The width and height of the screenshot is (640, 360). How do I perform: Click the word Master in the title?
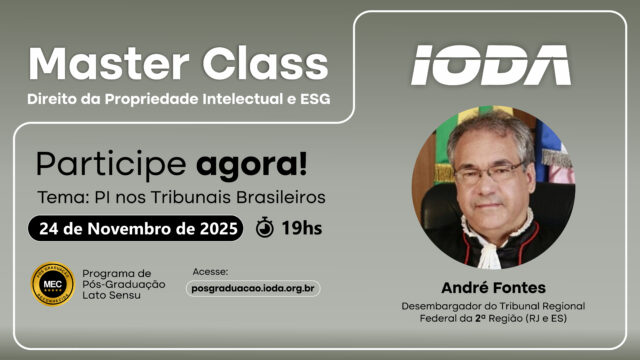point(109,63)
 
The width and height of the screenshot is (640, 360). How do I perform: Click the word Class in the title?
point(266,63)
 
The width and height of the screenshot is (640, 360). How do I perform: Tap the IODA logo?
point(491,65)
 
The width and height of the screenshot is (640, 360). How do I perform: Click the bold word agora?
point(251,164)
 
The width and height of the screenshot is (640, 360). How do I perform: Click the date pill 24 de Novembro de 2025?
point(136,228)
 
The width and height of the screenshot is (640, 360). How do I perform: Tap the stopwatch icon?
point(265,227)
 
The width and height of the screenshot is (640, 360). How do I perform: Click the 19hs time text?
point(302,228)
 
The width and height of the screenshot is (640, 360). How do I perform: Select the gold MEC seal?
point(53,284)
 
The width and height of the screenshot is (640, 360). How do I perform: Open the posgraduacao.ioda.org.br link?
point(253,289)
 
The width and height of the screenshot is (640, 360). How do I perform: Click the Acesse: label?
point(210,271)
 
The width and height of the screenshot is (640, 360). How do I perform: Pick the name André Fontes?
point(493,288)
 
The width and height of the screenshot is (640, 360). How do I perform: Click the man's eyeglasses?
point(490,173)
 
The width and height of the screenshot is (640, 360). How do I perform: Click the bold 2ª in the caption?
point(480,318)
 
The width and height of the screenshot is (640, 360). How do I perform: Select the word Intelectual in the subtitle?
point(243,99)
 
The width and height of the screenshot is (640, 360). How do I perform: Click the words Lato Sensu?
point(111,295)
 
